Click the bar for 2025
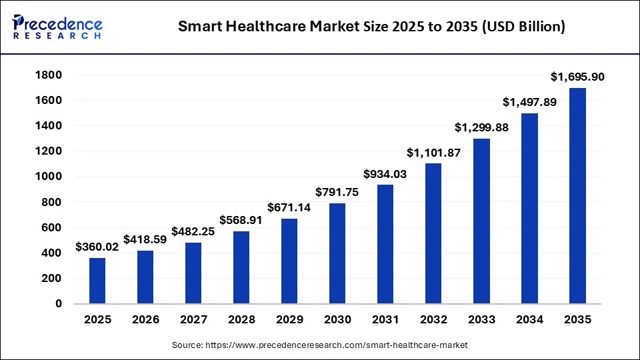click(x=97, y=281)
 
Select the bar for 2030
click(x=337, y=253)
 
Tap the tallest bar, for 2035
click(x=577, y=196)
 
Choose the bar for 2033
click(x=481, y=221)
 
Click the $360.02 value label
click(x=97, y=247)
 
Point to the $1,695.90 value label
click(x=577, y=77)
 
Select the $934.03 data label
click(x=385, y=174)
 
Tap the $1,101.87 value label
click(x=433, y=153)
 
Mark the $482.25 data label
click(x=193, y=231)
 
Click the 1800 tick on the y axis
click(x=49, y=75)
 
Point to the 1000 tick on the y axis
click(x=49, y=177)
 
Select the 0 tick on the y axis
click(x=59, y=304)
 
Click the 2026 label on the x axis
click(x=145, y=320)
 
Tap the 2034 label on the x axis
click(x=529, y=320)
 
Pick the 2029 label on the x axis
click(x=289, y=320)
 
